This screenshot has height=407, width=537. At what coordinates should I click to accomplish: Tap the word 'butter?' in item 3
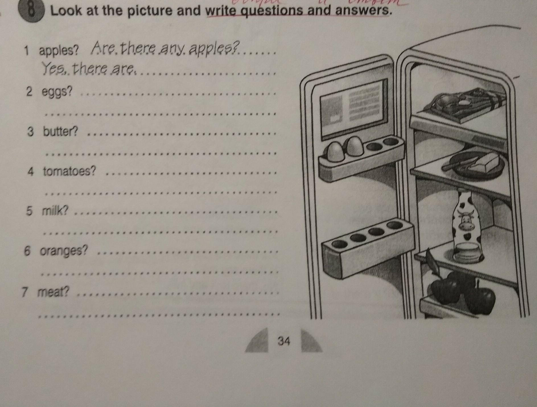[x=60, y=131]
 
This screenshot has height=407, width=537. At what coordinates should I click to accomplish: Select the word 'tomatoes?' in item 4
[x=70, y=171]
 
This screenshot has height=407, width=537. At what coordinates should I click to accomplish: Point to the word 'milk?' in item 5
[x=55, y=211]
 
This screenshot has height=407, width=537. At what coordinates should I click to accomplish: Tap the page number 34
[x=284, y=341]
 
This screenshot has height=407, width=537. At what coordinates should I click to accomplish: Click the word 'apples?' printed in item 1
[x=59, y=52]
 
